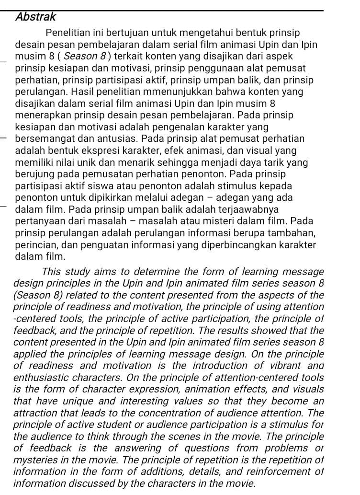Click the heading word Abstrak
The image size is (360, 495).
tap(35, 17)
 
